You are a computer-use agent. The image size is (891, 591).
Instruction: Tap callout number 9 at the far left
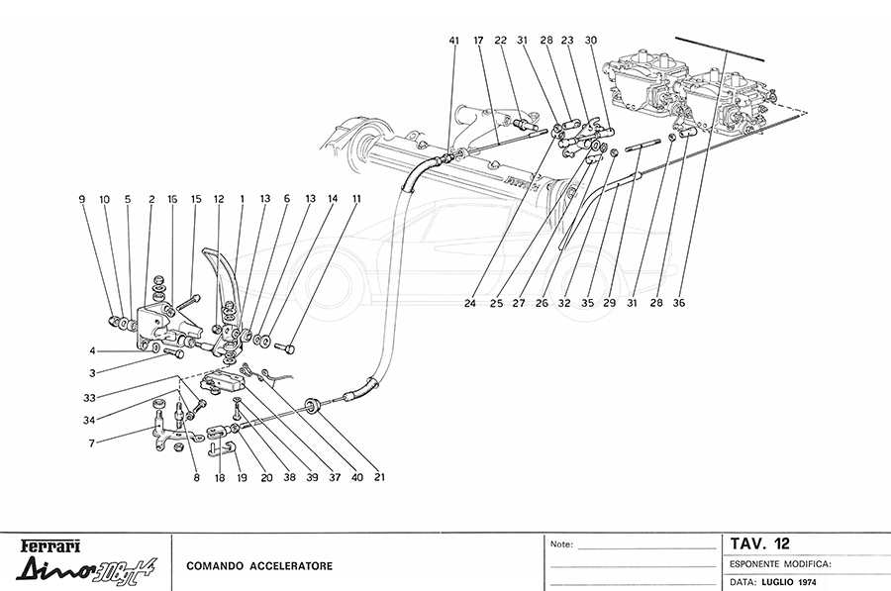point(83,199)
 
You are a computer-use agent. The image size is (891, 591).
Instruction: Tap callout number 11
point(356,199)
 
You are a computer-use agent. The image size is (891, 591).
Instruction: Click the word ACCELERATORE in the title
point(290,566)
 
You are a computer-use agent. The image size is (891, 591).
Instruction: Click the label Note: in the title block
point(561,543)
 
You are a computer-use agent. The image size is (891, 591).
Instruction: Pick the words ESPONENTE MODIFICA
point(781,563)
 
